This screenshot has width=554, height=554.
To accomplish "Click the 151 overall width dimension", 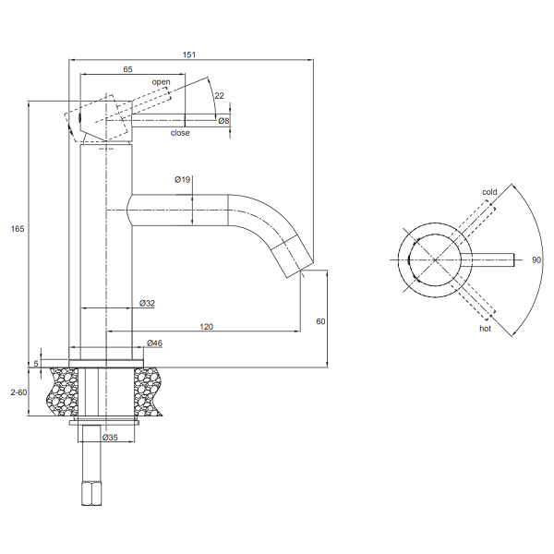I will tap(188, 54).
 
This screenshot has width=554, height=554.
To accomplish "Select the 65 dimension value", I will tap(127, 70).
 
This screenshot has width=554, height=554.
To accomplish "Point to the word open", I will tap(162, 82).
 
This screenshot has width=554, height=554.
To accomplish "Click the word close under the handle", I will tap(180, 133).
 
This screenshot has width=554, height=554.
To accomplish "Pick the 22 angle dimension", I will tap(218, 95).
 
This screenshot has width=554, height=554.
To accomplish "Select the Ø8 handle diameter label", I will tap(223, 121).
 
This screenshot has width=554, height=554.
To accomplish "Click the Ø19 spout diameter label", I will tap(182, 180).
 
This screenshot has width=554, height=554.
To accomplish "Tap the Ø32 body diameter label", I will tap(147, 303).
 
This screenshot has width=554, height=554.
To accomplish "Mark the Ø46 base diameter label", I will tap(155, 343).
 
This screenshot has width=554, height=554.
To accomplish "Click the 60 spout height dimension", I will tap(321, 321).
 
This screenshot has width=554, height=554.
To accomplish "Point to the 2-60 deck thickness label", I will tap(18, 392).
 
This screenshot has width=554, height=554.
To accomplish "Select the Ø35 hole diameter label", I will tap(109, 437).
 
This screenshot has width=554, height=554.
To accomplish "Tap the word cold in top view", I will tap(489, 192).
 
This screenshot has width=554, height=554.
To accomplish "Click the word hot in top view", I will tap(485, 328).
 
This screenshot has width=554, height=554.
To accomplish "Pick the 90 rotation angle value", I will tap(536, 259).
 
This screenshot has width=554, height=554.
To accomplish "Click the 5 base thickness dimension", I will tap(37, 363).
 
